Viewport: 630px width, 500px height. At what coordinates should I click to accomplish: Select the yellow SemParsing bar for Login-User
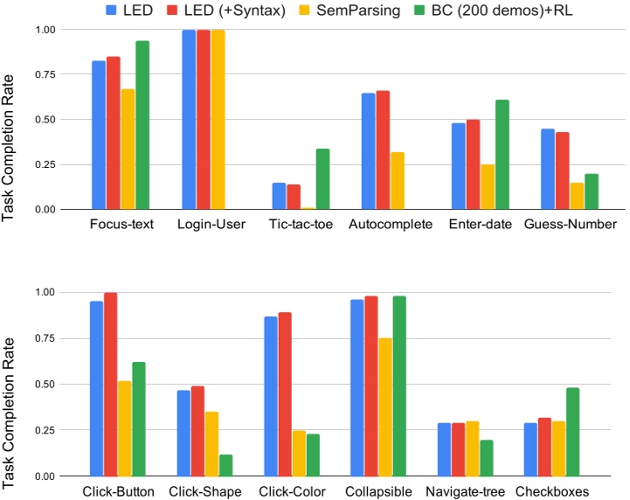(218, 120)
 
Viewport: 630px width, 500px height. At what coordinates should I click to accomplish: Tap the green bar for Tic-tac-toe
(323, 179)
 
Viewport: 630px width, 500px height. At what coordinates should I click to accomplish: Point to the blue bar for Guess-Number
(548, 169)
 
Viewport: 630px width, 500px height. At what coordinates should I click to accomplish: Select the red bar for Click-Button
(110, 385)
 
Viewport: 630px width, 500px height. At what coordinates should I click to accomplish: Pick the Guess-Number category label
(562, 225)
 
